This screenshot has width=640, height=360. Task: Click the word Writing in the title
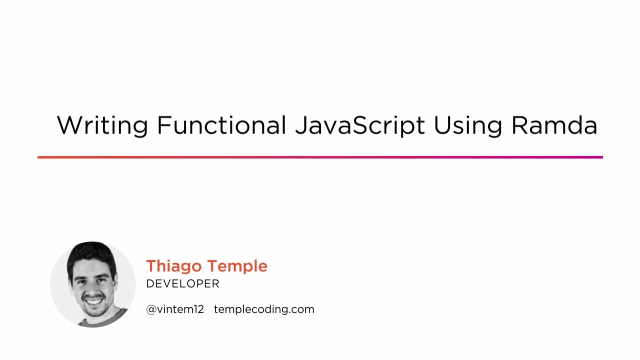click(x=102, y=125)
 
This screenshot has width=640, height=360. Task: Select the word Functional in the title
click(x=221, y=125)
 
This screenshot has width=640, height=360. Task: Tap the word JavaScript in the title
click(x=359, y=126)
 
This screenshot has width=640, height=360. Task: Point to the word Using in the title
click(x=467, y=126)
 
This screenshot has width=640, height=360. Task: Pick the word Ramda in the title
click(x=554, y=125)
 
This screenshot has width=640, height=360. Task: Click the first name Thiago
click(x=174, y=266)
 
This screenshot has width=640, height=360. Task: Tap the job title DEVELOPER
click(x=183, y=284)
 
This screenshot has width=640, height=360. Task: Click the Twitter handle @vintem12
click(x=175, y=309)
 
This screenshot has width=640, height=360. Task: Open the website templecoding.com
click(x=264, y=309)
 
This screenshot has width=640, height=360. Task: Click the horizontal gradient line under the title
click(x=320, y=157)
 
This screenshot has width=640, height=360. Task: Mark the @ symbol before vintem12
click(x=151, y=309)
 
